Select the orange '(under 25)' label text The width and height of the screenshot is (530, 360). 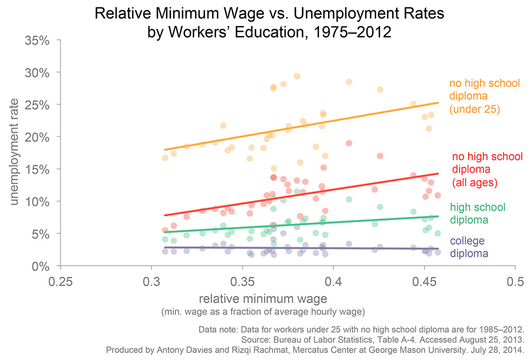click(x=476, y=110)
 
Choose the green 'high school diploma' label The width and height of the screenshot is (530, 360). click(x=477, y=213)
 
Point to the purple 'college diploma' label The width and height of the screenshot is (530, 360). click(x=469, y=247)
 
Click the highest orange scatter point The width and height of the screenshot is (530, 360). click(x=297, y=76)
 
